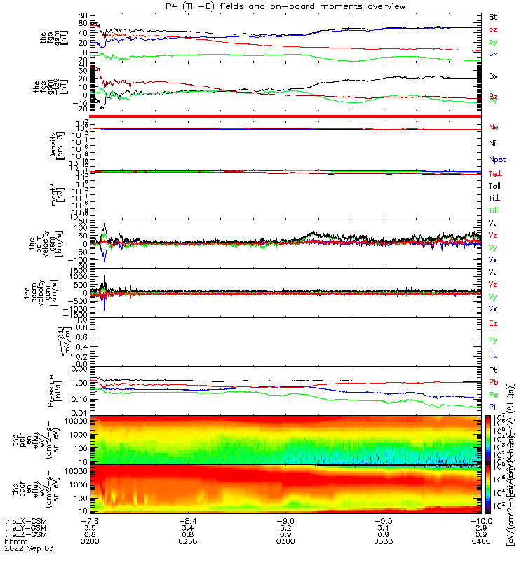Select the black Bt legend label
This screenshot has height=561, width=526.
pyautogui.click(x=493, y=16)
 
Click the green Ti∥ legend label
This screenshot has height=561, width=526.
pyautogui.click(x=494, y=210)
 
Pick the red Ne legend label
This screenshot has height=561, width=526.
pyautogui.click(x=493, y=127)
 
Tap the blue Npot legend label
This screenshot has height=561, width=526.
pyautogui.click(x=496, y=160)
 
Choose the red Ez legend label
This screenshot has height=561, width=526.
pyautogui.click(x=493, y=324)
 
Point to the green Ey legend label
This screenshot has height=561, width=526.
pyautogui.click(x=493, y=339)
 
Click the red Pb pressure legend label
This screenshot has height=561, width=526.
pyautogui.click(x=493, y=383)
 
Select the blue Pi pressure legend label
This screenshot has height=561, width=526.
pyautogui.click(x=493, y=407)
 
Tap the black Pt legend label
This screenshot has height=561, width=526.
pyautogui.click(x=493, y=371)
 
